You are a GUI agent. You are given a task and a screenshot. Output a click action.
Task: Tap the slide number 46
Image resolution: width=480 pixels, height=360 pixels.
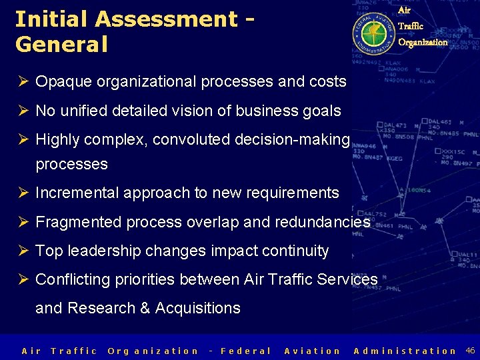click(x=470, y=350)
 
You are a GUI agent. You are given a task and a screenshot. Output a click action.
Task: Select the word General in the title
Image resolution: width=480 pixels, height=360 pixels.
click(x=61, y=45)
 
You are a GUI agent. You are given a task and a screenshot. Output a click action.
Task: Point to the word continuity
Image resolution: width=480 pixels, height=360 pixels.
click(x=295, y=251)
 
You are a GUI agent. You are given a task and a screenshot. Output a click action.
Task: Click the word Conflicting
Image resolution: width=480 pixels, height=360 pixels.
click(x=73, y=279)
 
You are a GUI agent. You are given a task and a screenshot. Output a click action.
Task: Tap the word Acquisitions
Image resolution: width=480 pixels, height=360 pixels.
click(x=197, y=308)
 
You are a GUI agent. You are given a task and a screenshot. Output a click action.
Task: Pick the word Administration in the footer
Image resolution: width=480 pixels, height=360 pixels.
click(x=405, y=351)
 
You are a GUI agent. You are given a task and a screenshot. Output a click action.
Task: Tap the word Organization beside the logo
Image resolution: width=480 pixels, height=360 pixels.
click(x=423, y=42)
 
